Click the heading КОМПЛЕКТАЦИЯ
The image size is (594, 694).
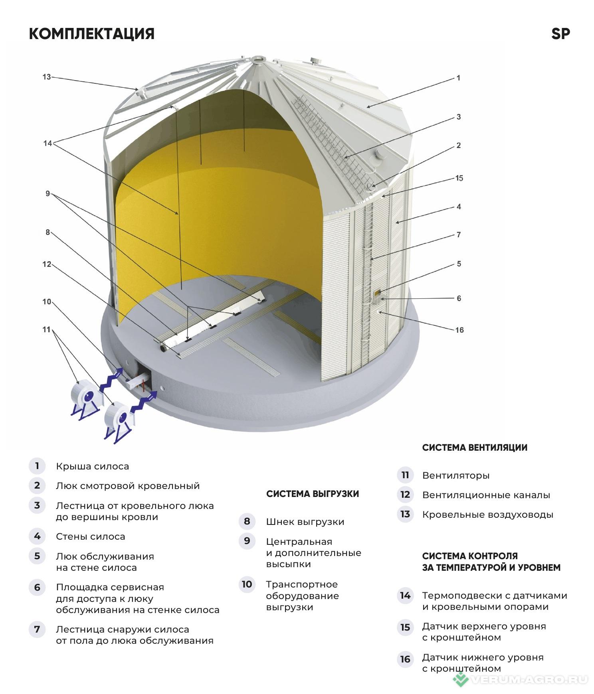point(91,34)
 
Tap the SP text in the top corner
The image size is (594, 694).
point(560,34)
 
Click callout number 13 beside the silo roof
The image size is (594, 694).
point(47,77)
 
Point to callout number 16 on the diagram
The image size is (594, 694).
point(459,330)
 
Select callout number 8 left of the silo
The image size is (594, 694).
point(48,232)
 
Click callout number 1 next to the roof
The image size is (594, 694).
point(458,78)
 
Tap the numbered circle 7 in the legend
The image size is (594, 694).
point(37,629)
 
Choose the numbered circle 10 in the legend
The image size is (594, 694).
point(247,584)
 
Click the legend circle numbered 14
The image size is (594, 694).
point(405,595)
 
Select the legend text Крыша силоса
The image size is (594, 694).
point(92,466)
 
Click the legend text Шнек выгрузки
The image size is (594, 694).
point(305,522)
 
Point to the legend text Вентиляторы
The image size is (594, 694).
point(456,475)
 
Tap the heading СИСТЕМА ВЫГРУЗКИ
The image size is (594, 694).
point(313,494)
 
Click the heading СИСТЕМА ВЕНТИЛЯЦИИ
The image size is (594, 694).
point(475,448)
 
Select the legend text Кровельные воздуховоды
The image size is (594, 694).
point(488,515)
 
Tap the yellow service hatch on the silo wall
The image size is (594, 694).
point(377,293)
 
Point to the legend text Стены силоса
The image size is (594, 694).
point(91,536)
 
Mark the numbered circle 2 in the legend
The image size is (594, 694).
point(37,485)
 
